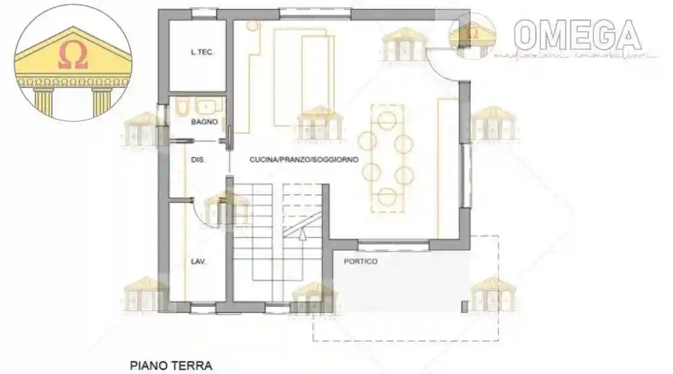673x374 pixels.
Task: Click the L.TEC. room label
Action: tap(202, 53)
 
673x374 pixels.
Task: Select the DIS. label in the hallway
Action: tap(198, 160)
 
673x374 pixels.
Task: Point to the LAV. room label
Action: tap(198, 261)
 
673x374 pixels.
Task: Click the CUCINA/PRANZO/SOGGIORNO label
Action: tap(304, 160)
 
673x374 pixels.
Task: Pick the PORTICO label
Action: tap(360, 261)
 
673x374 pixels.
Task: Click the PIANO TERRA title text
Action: tap(171, 364)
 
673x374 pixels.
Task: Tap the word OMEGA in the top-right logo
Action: tap(577, 34)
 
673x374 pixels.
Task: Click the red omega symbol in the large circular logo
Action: tap(73, 56)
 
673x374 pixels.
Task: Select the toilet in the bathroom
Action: tap(182, 107)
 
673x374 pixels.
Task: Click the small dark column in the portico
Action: tap(464, 306)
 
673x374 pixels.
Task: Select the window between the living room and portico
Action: tap(393, 244)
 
